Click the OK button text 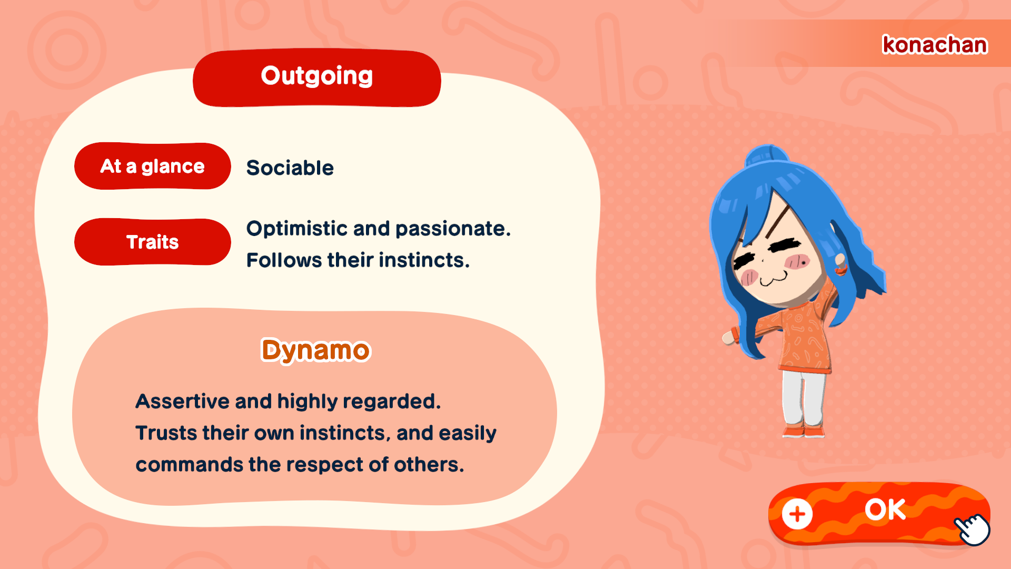pos(885,509)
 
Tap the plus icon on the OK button pos(797,514)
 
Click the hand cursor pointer pos(973,529)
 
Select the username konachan pos(935,45)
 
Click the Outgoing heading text pos(317,76)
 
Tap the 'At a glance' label pos(153,166)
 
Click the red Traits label pos(153,242)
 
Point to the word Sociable pos(290,168)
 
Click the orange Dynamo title pos(316,350)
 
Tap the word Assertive pos(182,401)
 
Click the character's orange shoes pos(804,431)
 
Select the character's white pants pos(803,398)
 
